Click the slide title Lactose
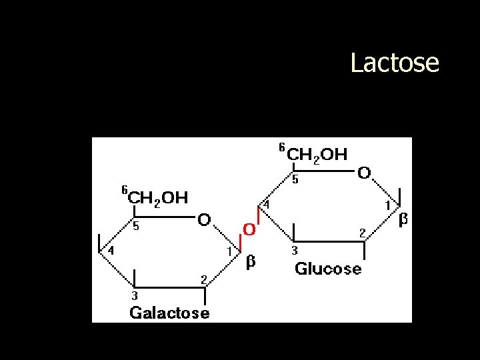pos(395,63)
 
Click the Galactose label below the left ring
pos(169,312)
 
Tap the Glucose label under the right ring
pos(328,269)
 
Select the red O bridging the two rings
pos(249,229)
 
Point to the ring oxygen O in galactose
pos(205,219)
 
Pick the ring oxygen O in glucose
pos(364,173)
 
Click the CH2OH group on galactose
pos(157,197)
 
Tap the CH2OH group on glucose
pos(317,155)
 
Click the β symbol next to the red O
pos(251,262)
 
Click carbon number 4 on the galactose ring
pos(111,251)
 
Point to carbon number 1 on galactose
pos(229,251)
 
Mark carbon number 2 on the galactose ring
pos(205,277)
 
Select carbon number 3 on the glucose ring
pos(295,251)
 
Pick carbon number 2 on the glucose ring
pos(362,232)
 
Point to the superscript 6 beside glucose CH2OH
pos(281,147)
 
